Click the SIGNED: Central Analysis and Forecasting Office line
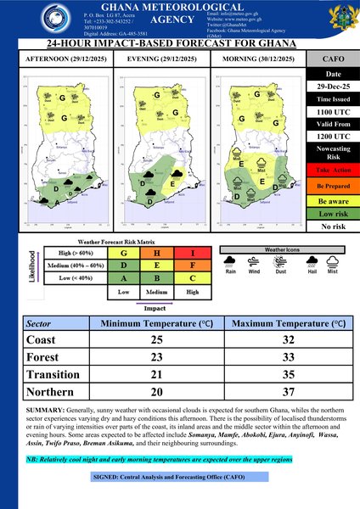(179, 478)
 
